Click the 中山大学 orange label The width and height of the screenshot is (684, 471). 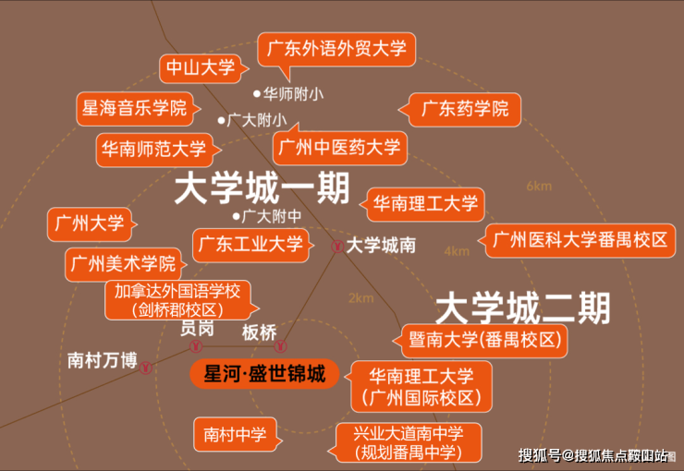pyautogui.click(x=201, y=68)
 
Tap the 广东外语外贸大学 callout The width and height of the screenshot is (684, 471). pyautogui.click(x=336, y=49)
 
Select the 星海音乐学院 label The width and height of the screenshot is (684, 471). pyautogui.click(x=135, y=109)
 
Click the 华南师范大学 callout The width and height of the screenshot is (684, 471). pyautogui.click(x=154, y=150)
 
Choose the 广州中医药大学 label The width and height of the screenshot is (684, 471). pyautogui.click(x=339, y=147)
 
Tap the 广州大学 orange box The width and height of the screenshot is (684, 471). pyautogui.click(x=90, y=224)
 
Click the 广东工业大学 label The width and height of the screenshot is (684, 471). pyautogui.click(x=250, y=245)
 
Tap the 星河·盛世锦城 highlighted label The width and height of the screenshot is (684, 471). pyautogui.click(x=264, y=374)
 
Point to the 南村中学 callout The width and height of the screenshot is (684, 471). pyautogui.click(x=235, y=434)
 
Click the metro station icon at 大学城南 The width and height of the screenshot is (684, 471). pyautogui.click(x=336, y=247)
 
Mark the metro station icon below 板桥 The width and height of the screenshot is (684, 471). pyautogui.click(x=280, y=346)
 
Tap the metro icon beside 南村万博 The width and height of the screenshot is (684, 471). pyautogui.click(x=146, y=368)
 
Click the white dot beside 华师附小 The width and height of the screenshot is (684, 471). pyautogui.click(x=257, y=93)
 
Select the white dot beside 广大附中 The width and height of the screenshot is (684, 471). pyautogui.click(x=236, y=216)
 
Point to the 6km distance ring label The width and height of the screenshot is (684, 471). pyautogui.click(x=539, y=186)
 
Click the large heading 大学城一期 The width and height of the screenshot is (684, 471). pyautogui.click(x=263, y=187)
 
